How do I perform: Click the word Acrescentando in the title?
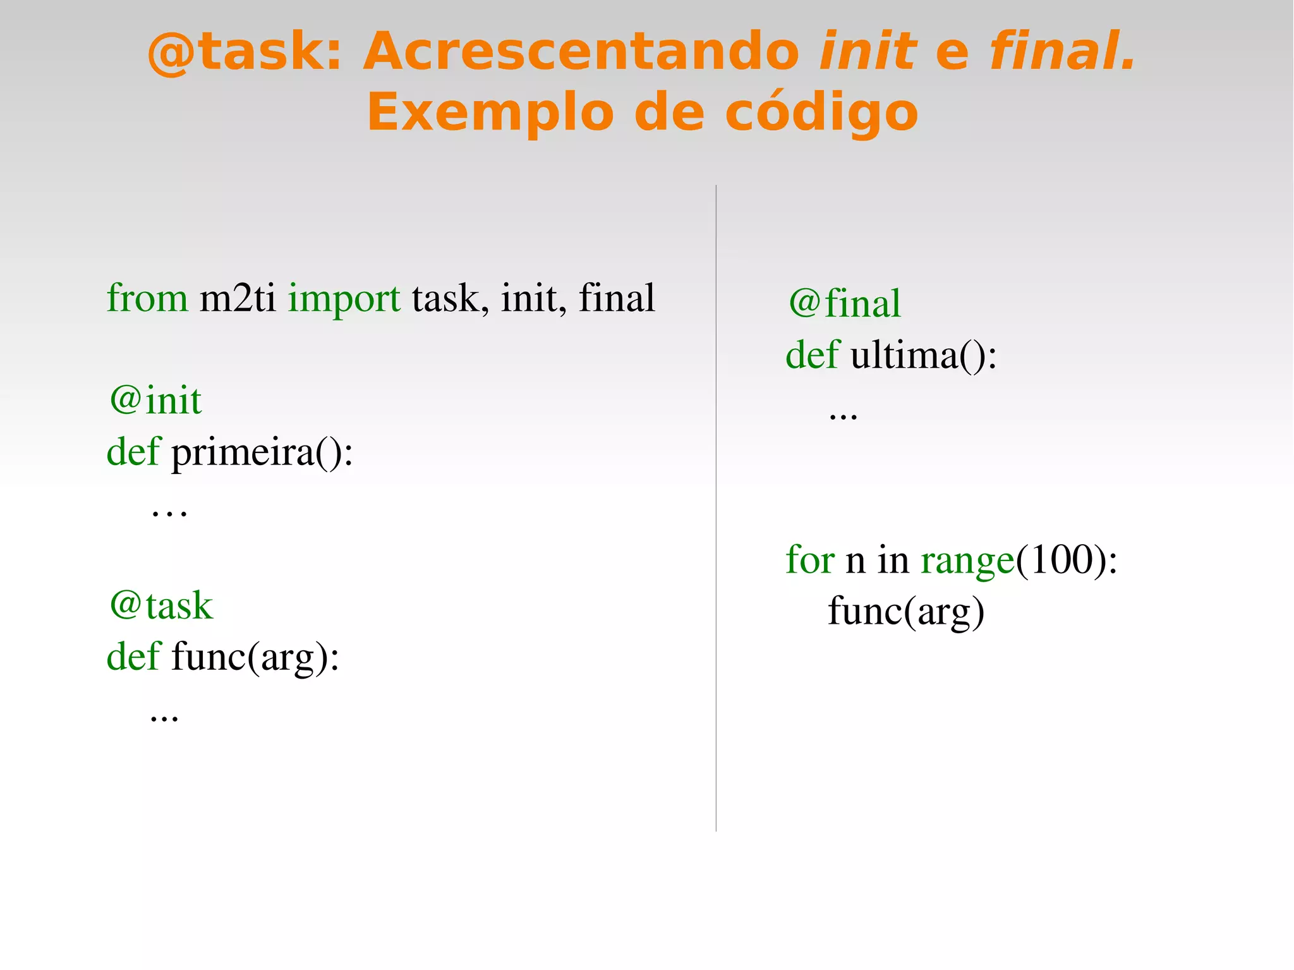pyautogui.click(x=581, y=52)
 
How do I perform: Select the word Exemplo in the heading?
pyautogui.click(x=490, y=113)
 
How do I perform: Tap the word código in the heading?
pyautogui.click(x=821, y=113)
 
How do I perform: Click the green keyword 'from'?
pyautogui.click(x=147, y=298)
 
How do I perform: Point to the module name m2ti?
pyautogui.click(x=238, y=298)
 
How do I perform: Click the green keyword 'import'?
pyautogui.click(x=344, y=298)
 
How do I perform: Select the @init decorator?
pyautogui.click(x=155, y=401)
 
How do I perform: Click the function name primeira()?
pyautogui.click(x=262, y=452)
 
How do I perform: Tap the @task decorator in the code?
pyautogui.click(x=161, y=605)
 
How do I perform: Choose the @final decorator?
pyautogui.click(x=844, y=303)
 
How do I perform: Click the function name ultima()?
pyautogui.click(x=923, y=355)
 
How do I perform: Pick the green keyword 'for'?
pyautogui.click(x=810, y=560)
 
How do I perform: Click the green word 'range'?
pyautogui.click(x=967, y=561)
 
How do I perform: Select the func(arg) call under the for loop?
pyautogui.click(x=906, y=612)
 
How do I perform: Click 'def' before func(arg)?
pyautogui.click(x=133, y=657)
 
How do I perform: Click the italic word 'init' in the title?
pyautogui.click(x=867, y=52)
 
